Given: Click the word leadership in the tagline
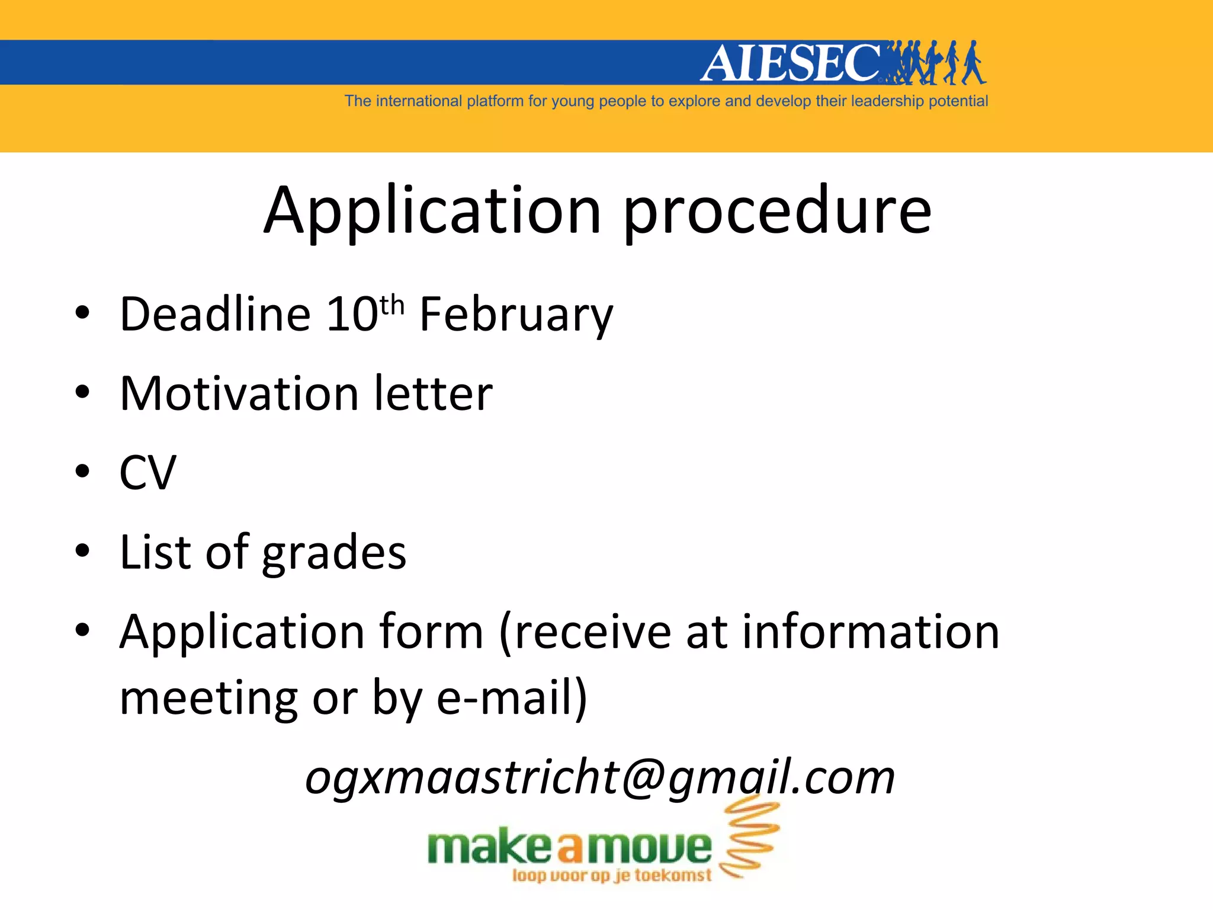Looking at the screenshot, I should pyautogui.click(x=887, y=101).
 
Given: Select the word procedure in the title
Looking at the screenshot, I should pyautogui.click(x=777, y=212).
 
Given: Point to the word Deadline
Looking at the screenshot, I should pyautogui.click(x=215, y=314).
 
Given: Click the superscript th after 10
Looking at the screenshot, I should pyautogui.click(x=392, y=306).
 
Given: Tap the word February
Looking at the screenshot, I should pyautogui.click(x=516, y=315).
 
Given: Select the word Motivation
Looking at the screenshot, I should pyautogui.click(x=239, y=393).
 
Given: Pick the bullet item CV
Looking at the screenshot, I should pyautogui.click(x=147, y=473).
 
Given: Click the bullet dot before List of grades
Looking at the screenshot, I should pyautogui.click(x=82, y=550).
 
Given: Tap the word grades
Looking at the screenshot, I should pyautogui.click(x=334, y=553).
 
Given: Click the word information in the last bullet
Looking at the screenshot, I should pyautogui.click(x=871, y=632).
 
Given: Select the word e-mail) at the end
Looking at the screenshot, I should pyautogui.click(x=512, y=698).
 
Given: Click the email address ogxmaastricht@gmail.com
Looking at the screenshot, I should pyautogui.click(x=599, y=777).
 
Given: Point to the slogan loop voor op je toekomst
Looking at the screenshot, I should pyautogui.click(x=611, y=875).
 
